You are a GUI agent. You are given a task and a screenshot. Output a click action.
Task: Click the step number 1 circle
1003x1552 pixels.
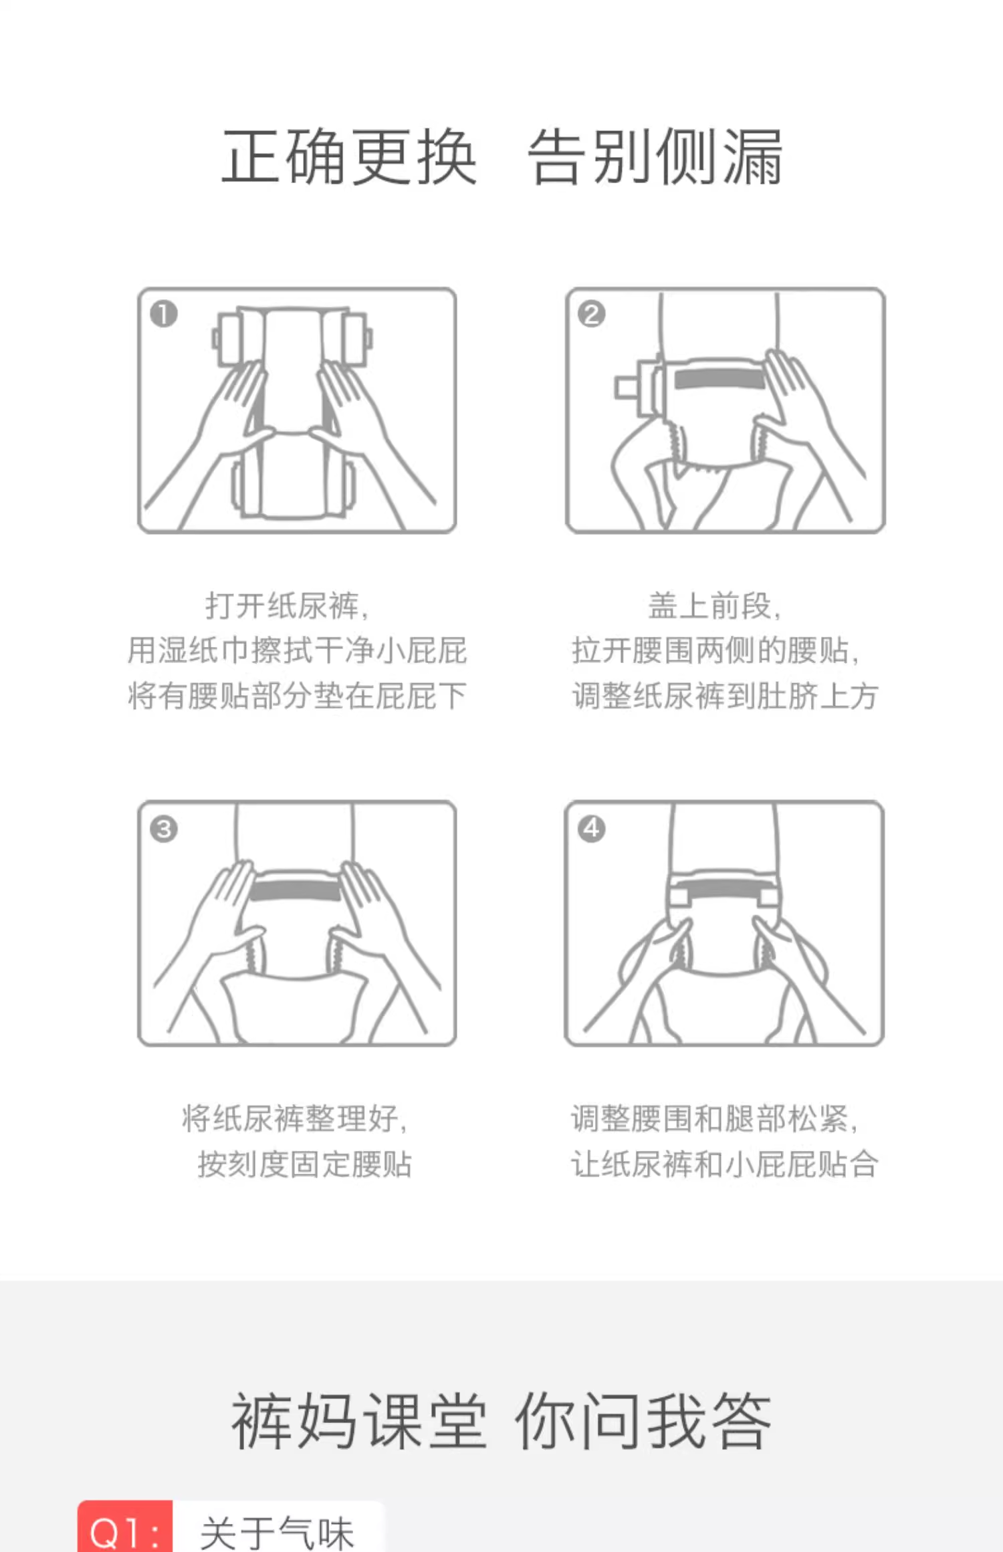coord(164,314)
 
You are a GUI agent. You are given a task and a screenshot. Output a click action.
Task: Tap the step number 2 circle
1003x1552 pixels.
coord(591,314)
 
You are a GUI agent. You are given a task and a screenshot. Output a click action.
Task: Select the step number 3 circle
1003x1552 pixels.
coord(164,829)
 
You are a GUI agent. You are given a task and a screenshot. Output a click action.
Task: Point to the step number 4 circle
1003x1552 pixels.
coord(591,829)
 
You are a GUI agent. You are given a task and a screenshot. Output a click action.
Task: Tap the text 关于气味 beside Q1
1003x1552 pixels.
coord(276,1532)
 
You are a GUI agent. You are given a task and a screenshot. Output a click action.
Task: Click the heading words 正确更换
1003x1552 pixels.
coord(349,157)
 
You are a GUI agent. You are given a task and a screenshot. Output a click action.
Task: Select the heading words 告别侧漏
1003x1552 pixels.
coord(655,157)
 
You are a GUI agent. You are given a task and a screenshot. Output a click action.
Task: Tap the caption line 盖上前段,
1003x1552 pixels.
coord(715,606)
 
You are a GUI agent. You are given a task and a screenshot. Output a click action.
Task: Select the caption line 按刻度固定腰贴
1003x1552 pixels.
coord(304,1164)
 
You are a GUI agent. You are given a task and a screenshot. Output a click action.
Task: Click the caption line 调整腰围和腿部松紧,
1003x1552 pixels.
coord(715,1118)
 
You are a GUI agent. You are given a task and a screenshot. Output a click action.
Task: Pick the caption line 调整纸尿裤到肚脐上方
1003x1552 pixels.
coord(725,696)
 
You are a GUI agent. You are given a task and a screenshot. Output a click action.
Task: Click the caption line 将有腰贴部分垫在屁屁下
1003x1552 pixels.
coord(297,696)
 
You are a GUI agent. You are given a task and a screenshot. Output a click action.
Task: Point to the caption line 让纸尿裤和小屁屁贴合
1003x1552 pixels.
coord(725,1164)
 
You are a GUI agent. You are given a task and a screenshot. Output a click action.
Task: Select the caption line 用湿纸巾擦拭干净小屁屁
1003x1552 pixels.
coord(297,650)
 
